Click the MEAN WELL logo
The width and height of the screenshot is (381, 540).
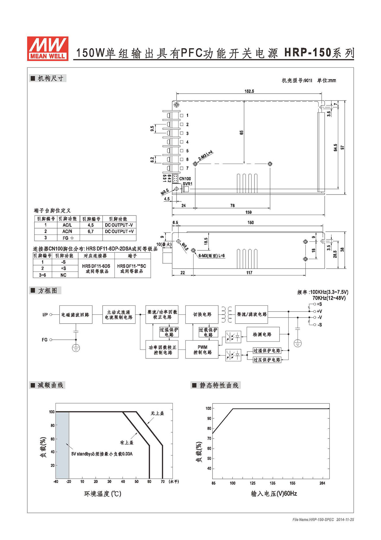point(48,48)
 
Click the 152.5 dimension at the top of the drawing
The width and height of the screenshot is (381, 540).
point(249,91)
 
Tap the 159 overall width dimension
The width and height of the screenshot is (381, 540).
point(248,212)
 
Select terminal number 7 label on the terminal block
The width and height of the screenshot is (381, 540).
point(187,168)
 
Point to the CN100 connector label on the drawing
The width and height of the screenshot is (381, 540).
point(185,179)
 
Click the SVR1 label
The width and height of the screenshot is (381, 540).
point(187,184)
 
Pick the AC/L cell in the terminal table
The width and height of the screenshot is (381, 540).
point(67,225)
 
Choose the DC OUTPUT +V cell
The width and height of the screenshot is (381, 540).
point(119,231)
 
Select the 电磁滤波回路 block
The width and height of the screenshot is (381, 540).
point(76,315)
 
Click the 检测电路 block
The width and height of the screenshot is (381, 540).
point(263,334)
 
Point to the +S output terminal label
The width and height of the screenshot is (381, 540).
point(319,304)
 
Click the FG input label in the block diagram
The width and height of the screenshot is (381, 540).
point(45,340)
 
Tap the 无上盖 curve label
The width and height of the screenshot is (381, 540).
point(157,413)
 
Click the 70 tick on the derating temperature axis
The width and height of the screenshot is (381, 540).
point(163,482)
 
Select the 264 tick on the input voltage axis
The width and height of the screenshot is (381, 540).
point(322,483)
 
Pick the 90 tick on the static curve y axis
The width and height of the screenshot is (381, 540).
point(209,418)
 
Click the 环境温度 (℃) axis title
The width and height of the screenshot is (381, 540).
point(103,494)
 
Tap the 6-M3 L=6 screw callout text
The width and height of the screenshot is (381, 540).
point(212,256)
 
